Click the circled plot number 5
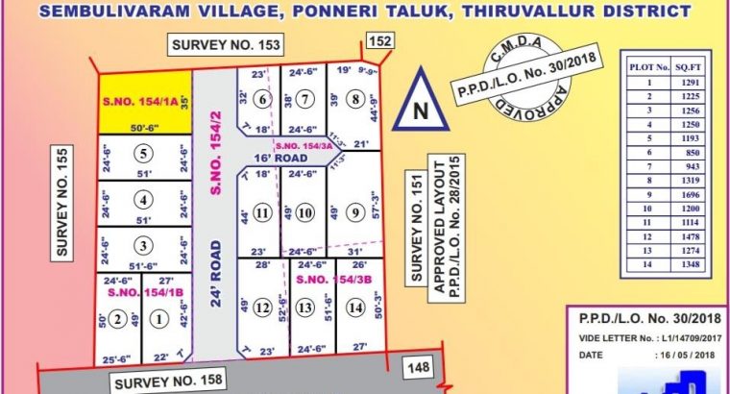coord(143,152)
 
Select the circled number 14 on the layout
coord(356,308)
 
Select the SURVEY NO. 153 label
coord(228,44)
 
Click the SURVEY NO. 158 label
coord(170,382)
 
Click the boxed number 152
coord(380,40)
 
